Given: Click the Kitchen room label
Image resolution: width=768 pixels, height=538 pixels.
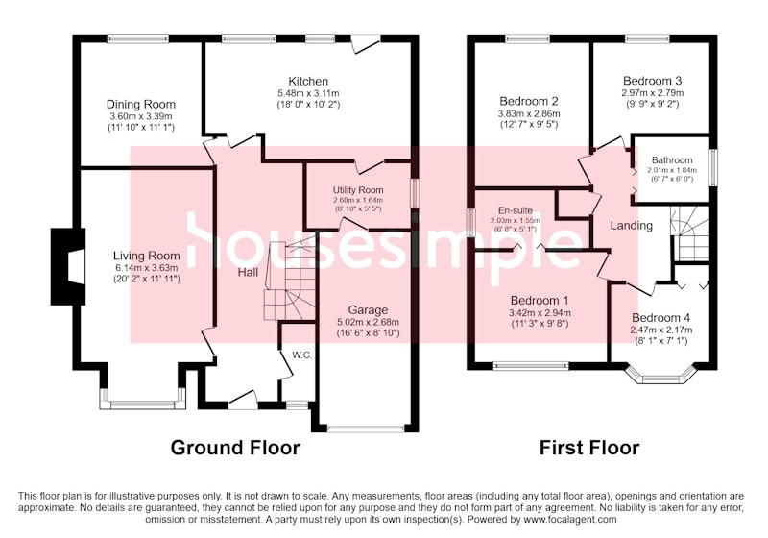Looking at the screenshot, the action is [308, 81].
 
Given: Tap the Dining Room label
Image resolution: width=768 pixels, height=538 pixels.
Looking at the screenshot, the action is [141, 104].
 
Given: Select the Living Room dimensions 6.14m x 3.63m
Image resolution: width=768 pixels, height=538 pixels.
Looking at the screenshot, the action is [147, 267].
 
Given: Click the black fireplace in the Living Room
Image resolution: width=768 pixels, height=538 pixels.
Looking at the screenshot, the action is [68, 266].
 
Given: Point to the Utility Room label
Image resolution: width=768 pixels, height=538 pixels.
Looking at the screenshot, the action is [358, 190].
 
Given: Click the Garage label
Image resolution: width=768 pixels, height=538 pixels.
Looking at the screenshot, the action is [368, 310].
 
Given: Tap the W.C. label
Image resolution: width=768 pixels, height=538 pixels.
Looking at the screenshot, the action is [302, 355].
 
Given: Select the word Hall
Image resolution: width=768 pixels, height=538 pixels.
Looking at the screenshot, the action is [248, 272].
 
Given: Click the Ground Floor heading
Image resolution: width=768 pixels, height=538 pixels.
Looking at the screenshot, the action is [235, 448].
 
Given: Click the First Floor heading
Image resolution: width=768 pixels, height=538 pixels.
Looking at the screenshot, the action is [589, 448].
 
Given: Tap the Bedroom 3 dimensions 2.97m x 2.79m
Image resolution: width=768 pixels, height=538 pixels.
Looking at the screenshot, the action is [653, 92].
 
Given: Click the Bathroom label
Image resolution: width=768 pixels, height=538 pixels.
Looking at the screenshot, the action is [672, 160].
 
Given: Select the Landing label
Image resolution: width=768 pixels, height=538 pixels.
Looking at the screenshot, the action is [632, 226].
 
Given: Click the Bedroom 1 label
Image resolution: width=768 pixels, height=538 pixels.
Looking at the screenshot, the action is [540, 301].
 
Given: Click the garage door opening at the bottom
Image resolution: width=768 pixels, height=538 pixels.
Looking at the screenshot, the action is [366, 428].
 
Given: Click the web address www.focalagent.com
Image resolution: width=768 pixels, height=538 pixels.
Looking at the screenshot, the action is [569, 520].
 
